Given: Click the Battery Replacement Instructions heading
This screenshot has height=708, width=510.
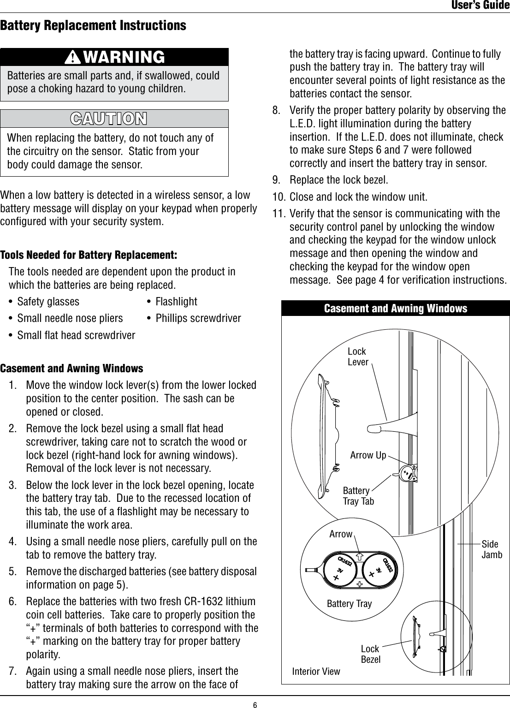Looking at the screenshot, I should tap(94, 25).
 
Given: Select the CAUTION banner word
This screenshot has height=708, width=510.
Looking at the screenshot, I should tap(109, 118).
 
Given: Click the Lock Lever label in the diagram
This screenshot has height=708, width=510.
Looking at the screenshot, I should tap(358, 357).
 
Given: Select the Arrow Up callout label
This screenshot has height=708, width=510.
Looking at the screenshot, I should tap(368, 456).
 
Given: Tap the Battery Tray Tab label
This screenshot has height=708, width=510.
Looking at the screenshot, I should tap(358, 496).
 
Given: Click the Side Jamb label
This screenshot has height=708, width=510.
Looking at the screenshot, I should tap(492, 549).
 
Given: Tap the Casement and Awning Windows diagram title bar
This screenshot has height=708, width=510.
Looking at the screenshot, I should tap(396, 308).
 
